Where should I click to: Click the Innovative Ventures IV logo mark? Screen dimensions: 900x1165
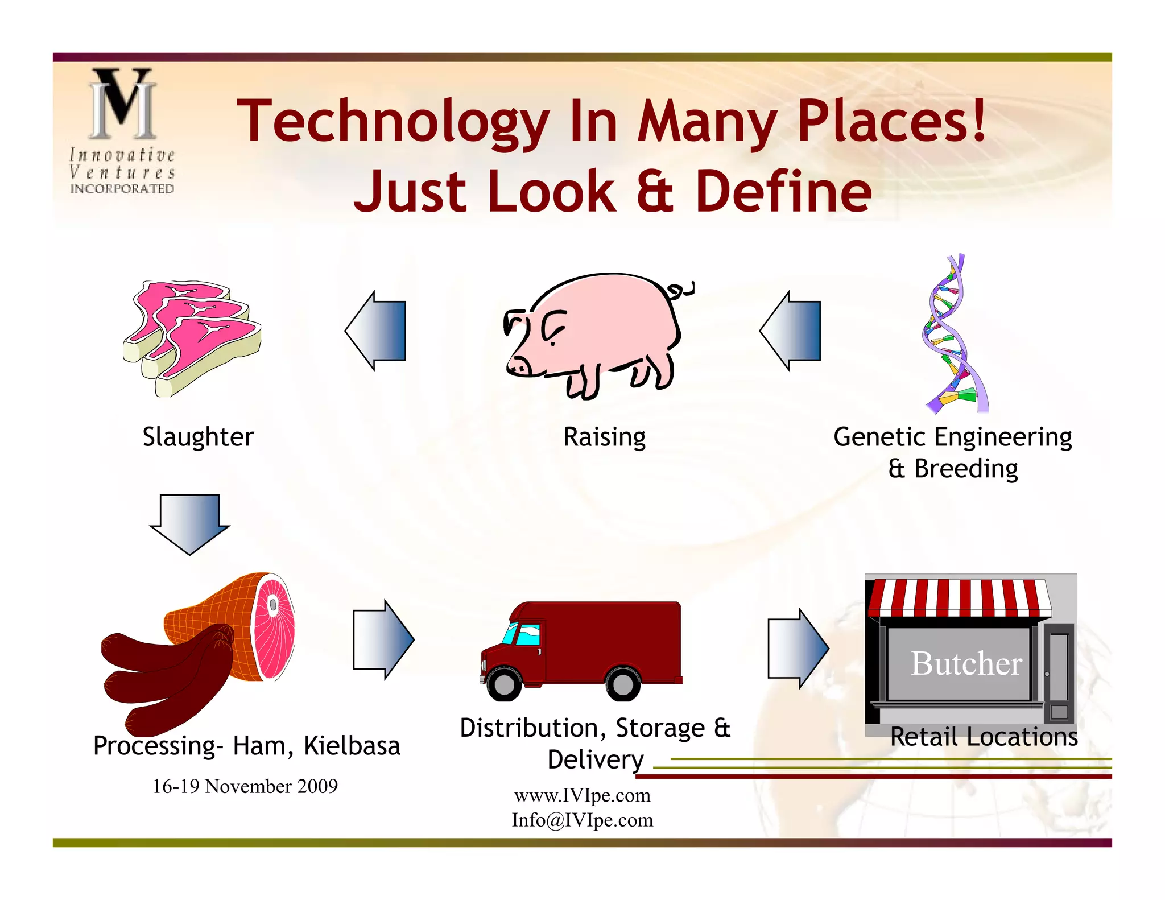(x=122, y=104)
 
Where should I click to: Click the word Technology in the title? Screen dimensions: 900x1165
(x=392, y=121)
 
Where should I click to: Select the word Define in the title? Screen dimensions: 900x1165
(x=783, y=192)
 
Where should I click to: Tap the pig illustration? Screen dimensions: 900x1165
(x=597, y=330)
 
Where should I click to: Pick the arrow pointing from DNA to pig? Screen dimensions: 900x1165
(x=791, y=331)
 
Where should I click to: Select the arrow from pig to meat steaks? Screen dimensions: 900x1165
(x=375, y=331)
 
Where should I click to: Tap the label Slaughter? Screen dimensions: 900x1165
(x=198, y=437)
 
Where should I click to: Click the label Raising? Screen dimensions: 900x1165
(x=604, y=437)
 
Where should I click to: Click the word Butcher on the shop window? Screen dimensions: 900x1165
(x=966, y=663)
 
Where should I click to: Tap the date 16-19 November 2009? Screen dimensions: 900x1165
(x=245, y=786)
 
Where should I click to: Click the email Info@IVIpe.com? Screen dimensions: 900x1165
(x=582, y=820)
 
